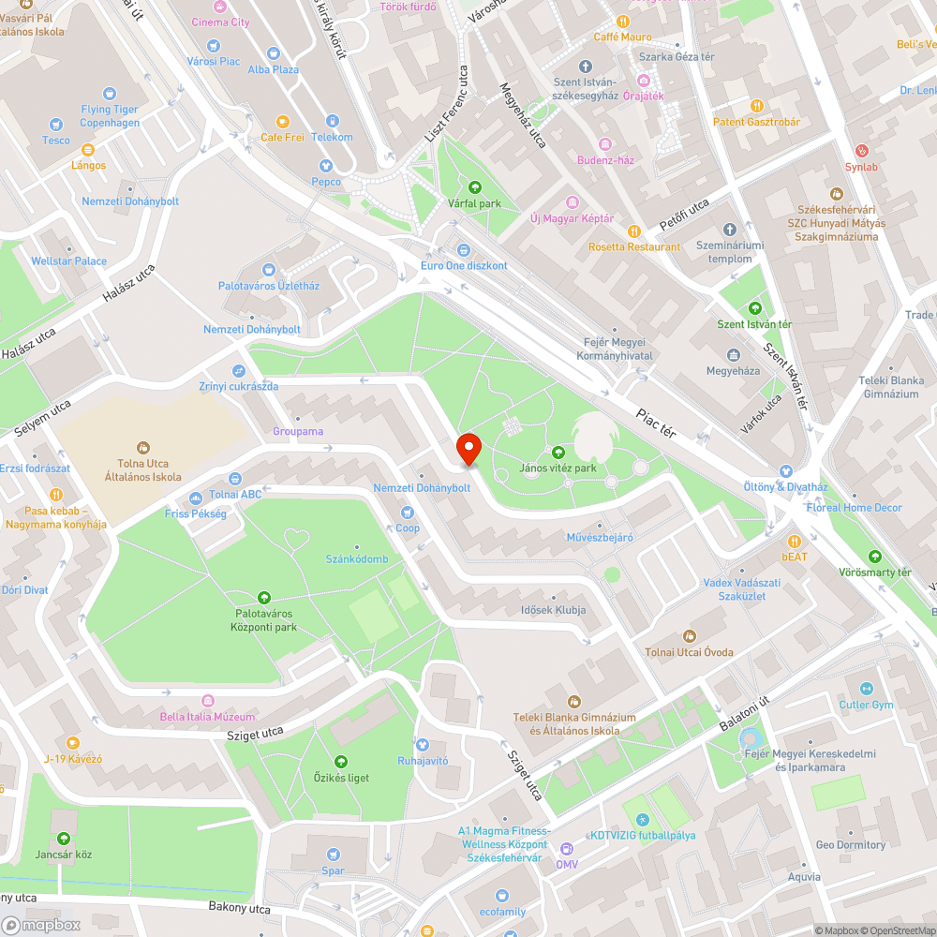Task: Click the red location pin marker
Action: [x=468, y=449]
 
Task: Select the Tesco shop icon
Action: [x=56, y=124]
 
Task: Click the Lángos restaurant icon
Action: [x=88, y=149]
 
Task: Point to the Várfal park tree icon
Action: [x=475, y=186]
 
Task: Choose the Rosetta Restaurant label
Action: [x=633, y=247]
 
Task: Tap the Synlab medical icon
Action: [x=862, y=150]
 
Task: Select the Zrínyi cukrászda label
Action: [x=238, y=386]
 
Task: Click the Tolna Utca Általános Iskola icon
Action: [x=143, y=447]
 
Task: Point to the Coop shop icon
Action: [x=408, y=513]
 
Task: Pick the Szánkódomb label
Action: [x=356, y=559]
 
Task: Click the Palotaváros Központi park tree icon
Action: [x=265, y=597]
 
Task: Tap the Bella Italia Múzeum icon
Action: [x=208, y=700]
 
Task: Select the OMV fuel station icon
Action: [x=566, y=849]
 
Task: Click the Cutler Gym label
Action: [x=866, y=705]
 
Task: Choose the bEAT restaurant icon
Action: [x=795, y=541]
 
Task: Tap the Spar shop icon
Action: [x=334, y=854]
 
